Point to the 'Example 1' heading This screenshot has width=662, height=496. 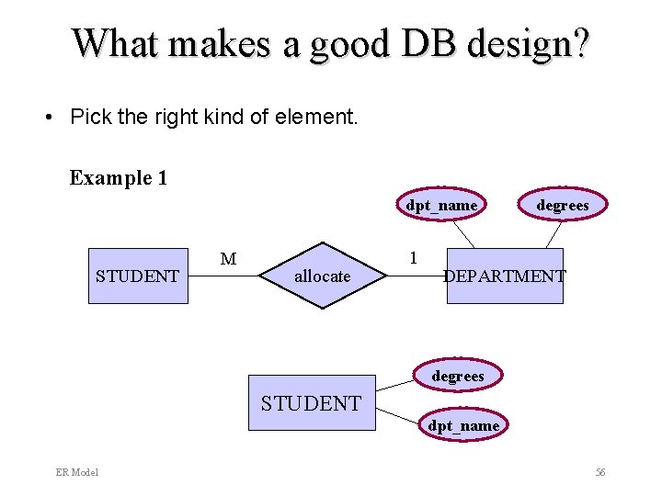click(119, 177)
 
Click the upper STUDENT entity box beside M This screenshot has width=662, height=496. click(138, 276)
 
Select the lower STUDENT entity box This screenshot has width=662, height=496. click(312, 402)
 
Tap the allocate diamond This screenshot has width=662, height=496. click(322, 276)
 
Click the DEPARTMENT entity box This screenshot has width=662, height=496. click(505, 276)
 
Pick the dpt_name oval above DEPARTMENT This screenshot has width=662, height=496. click(442, 205)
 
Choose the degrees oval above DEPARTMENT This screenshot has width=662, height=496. click(563, 205)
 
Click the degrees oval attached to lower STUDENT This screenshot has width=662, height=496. click(458, 376)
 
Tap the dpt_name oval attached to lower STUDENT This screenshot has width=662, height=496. click(463, 425)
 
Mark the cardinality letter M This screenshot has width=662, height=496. click(228, 260)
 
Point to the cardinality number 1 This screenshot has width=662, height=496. click(413, 257)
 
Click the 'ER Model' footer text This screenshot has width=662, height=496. click(77, 472)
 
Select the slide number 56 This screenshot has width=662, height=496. click(600, 472)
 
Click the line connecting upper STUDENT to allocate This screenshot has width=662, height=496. click(221, 276)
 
